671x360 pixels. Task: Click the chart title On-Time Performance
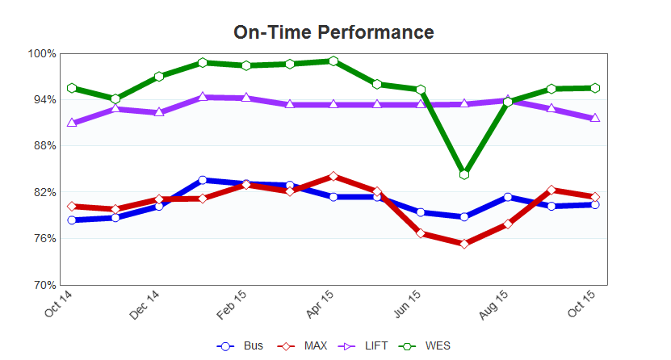(333, 32)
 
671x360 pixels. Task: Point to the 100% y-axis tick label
(42, 54)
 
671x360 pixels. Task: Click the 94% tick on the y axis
(44, 100)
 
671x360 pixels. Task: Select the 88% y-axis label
(44, 146)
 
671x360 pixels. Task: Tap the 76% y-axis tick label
(44, 239)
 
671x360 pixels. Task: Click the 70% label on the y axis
(44, 285)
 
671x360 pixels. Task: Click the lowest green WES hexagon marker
(464, 174)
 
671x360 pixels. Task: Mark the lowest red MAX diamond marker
(464, 244)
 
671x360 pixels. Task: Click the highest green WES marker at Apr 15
(333, 61)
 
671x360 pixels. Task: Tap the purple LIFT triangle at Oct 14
(72, 123)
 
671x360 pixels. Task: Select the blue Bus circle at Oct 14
(72, 220)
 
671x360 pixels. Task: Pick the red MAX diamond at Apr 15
(333, 176)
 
